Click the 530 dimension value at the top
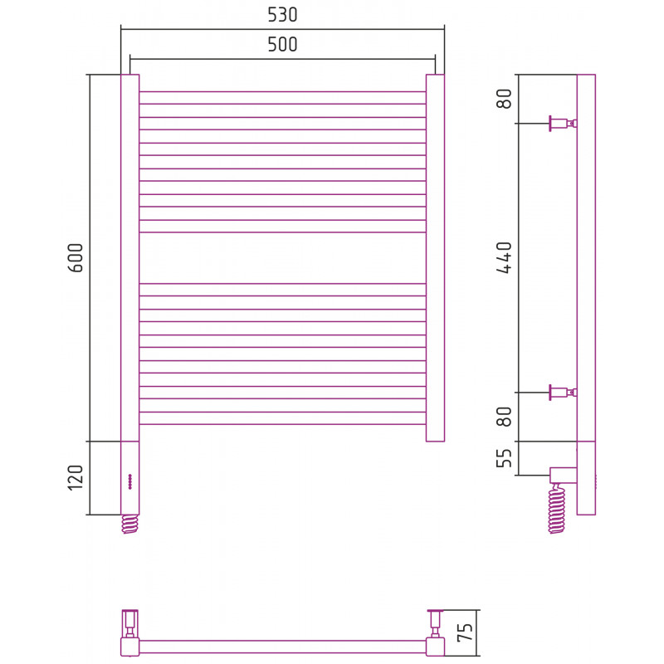[282, 15]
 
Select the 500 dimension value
[282, 45]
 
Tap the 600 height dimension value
[76, 257]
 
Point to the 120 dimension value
[76, 478]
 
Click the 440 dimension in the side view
[505, 257]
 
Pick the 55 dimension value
[505, 458]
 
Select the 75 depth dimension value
[465, 632]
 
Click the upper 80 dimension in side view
[505, 99]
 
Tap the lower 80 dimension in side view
[505, 417]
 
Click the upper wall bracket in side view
[564, 123]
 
